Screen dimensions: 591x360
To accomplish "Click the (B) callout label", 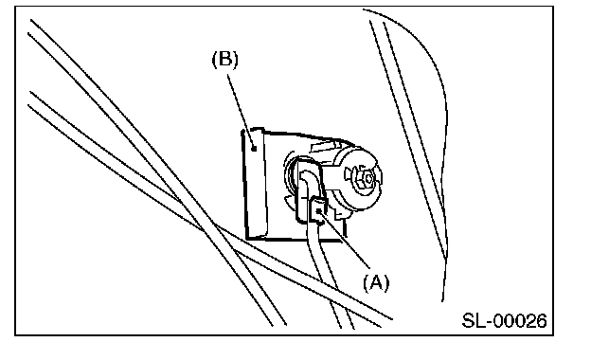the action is [x=225, y=60].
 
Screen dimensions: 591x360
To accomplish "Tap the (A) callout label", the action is [x=376, y=282].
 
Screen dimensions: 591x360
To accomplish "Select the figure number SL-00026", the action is [x=504, y=321].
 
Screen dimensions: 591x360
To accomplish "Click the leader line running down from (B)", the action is [x=241, y=111].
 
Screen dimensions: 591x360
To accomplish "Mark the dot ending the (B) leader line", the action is [x=254, y=149].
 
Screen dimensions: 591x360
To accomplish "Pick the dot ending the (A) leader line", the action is [x=319, y=212].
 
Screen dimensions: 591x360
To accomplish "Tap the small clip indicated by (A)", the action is [x=317, y=211].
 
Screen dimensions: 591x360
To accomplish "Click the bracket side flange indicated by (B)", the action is [x=255, y=185].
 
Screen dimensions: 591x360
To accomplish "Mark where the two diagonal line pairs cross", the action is [x=206, y=227].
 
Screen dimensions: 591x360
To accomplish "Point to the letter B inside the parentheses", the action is [x=225, y=59].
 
